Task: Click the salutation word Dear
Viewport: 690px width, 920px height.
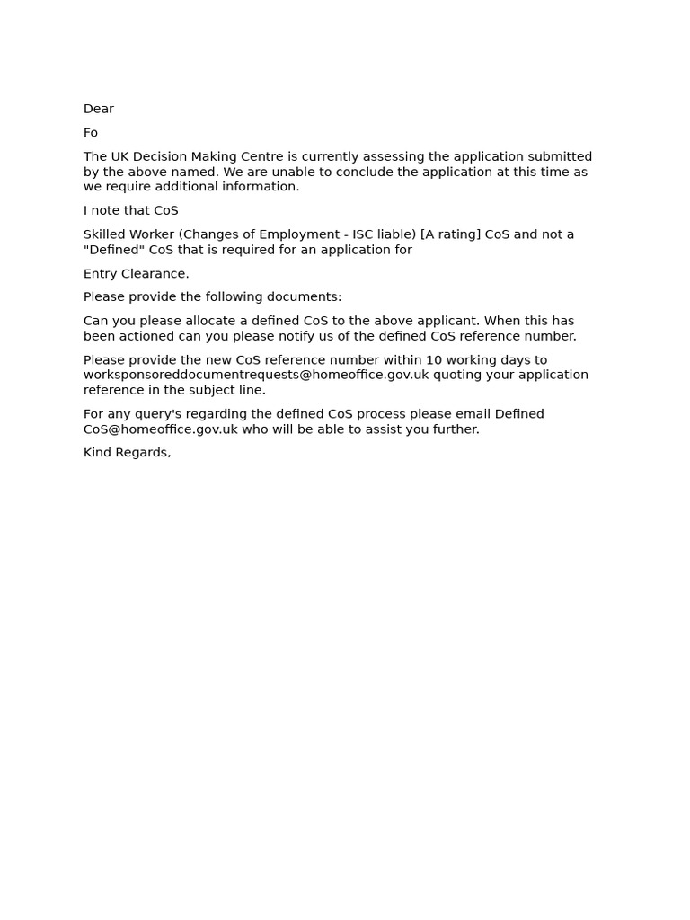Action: pyautogui.click(x=99, y=109)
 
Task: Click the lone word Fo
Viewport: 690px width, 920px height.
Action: pyautogui.click(x=91, y=133)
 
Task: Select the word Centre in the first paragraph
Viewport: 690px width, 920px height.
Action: pyautogui.click(x=261, y=156)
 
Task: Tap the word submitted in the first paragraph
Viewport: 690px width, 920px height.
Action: pyautogui.click(x=558, y=156)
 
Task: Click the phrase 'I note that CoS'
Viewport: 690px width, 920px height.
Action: pyautogui.click(x=131, y=210)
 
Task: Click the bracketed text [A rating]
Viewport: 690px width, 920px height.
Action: pyautogui.click(x=450, y=234)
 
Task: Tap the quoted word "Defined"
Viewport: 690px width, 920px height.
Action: pyautogui.click(x=114, y=250)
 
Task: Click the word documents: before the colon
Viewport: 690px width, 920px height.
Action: pyautogui.click(x=305, y=297)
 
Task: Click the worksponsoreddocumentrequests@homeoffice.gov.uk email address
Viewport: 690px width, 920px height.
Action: pyautogui.click(x=256, y=375)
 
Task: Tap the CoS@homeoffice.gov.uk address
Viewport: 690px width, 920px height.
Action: pyautogui.click(x=161, y=429)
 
